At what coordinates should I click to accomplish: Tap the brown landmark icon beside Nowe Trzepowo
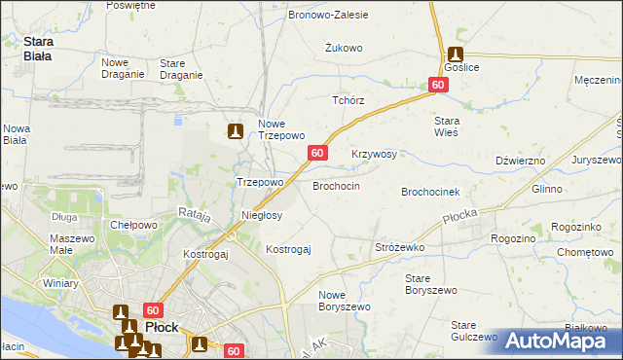pyautogui.click(x=235, y=130)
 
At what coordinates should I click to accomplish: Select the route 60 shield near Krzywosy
pyautogui.click(x=318, y=153)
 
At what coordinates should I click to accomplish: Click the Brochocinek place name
pyautogui.click(x=437, y=193)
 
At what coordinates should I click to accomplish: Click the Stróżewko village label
pyautogui.click(x=400, y=248)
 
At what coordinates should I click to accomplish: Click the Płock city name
pyautogui.click(x=161, y=327)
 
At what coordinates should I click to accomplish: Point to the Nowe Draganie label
pyautogui.click(x=122, y=68)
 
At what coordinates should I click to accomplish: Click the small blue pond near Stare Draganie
pyautogui.click(x=179, y=122)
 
